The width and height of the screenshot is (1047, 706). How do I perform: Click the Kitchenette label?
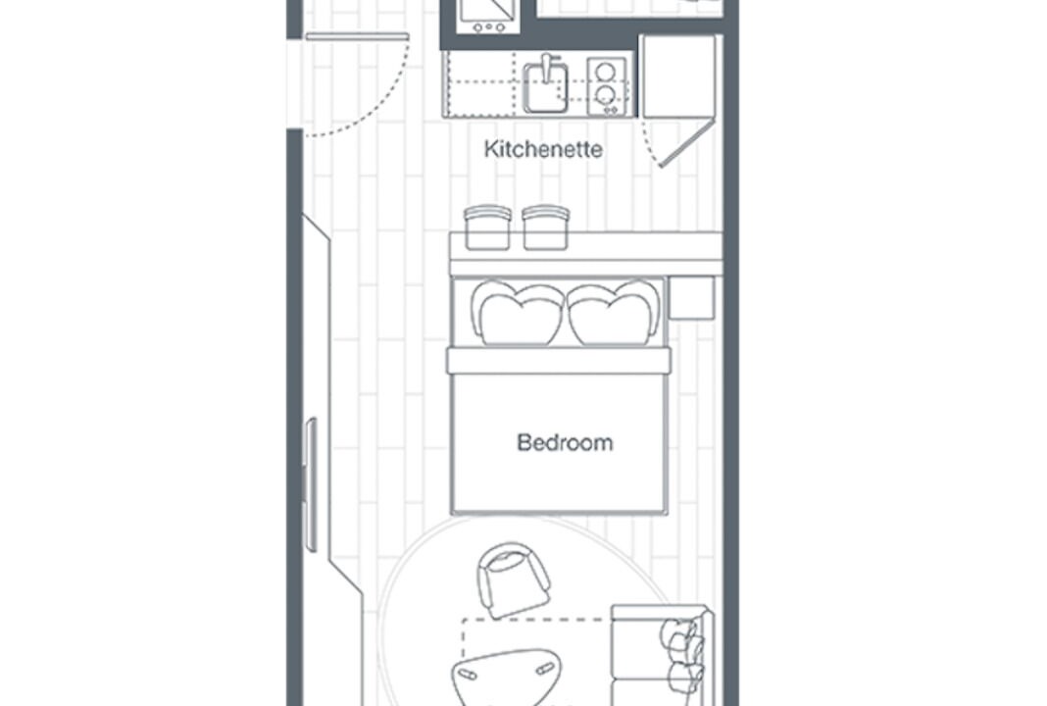click(x=543, y=148)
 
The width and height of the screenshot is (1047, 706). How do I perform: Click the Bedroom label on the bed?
click(x=565, y=442)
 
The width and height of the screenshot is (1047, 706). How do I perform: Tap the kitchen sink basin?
click(x=545, y=89)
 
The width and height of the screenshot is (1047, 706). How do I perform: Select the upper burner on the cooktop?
click(x=606, y=71)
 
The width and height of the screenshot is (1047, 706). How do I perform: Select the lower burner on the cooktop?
click(x=606, y=95)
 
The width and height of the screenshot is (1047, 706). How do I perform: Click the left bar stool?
click(x=487, y=227)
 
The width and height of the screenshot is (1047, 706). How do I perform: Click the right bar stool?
click(x=545, y=227)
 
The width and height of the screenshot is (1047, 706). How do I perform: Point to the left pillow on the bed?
click(x=519, y=313)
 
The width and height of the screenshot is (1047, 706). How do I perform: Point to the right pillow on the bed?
click(x=614, y=313)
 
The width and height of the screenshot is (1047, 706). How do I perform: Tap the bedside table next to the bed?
click(x=691, y=298)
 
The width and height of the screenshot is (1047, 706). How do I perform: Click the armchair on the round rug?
click(x=513, y=580)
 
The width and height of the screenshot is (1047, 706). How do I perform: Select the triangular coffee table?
click(x=508, y=676)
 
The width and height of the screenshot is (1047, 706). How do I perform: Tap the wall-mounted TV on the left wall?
click(x=311, y=484)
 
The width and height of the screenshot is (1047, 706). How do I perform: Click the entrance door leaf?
click(x=357, y=36)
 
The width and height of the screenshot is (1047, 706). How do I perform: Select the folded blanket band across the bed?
click(x=558, y=361)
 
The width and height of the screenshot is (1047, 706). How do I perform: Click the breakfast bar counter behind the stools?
click(x=586, y=254)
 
